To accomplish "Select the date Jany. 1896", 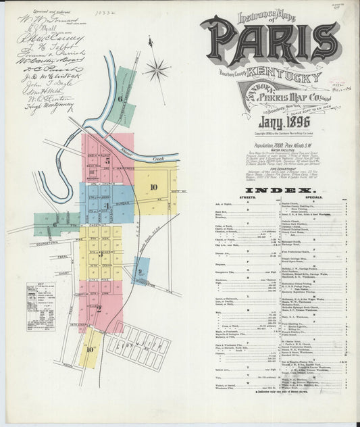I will click(x=280, y=122).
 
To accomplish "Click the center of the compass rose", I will click(x=157, y=70).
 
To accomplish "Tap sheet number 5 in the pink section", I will click(x=107, y=161).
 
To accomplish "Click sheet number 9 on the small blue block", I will click(x=140, y=272).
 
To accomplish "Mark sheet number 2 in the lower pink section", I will click(x=99, y=309).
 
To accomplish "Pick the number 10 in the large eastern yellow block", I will click(x=154, y=187).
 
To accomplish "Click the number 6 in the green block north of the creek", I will click(x=120, y=99).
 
